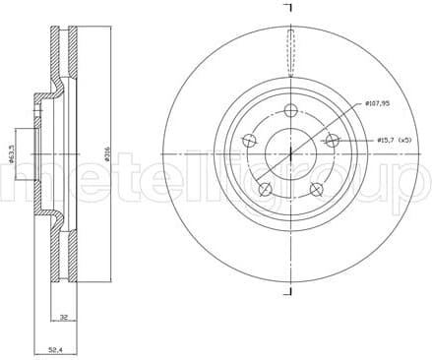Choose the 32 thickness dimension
62,318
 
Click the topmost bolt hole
289,110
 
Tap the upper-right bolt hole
333,141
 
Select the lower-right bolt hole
316,189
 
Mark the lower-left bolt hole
264,189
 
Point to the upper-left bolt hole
247,141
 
